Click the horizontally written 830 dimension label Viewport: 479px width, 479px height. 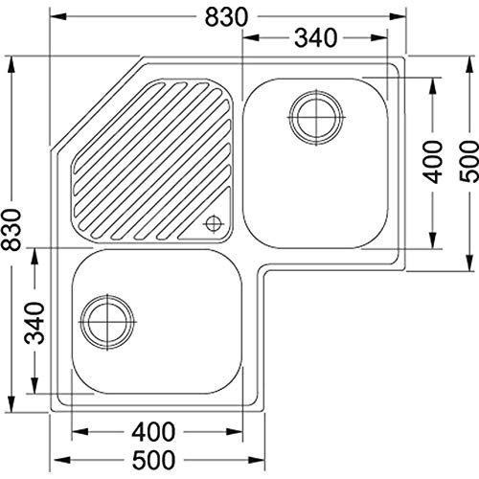tap(226, 17)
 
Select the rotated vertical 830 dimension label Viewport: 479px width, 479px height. tap(11, 229)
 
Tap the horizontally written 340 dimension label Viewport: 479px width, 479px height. tap(315, 38)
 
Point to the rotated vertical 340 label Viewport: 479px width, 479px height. tap(34, 323)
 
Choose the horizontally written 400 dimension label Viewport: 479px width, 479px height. tap(153, 432)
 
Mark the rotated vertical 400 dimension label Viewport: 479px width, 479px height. tap(433, 162)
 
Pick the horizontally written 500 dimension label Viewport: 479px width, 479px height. tap(153, 460)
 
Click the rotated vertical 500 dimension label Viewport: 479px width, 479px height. tap(469, 162)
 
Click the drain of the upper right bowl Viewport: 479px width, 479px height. tap(316, 117)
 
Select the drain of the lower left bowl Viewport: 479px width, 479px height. tap(107, 322)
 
